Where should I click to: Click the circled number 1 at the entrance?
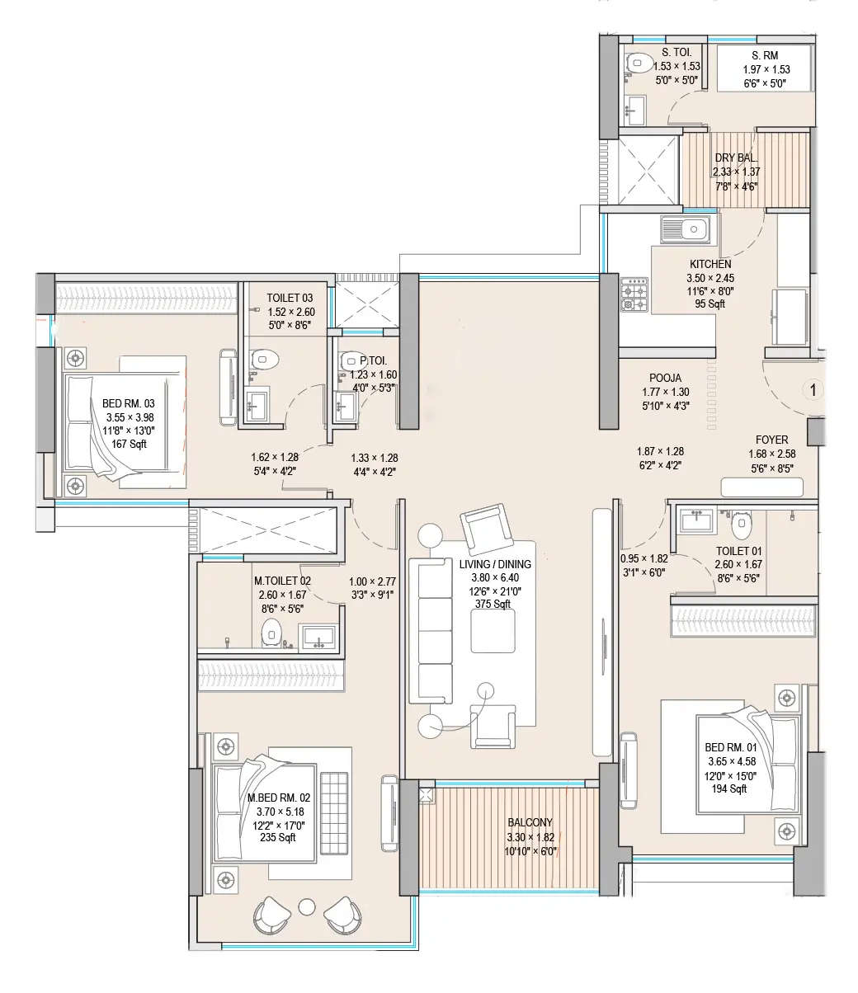pos(813,389)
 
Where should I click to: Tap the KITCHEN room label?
pos(709,264)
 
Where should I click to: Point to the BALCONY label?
pos(530,822)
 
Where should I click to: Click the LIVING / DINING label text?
pos(495,564)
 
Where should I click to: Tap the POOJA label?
pos(664,379)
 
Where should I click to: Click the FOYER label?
pos(771,440)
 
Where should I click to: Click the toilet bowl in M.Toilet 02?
pos(271,633)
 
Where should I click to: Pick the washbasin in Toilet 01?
pos(695,521)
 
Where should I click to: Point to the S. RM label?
pos(764,55)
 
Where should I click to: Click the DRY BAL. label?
pos(736,158)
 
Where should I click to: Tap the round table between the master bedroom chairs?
pos(307,906)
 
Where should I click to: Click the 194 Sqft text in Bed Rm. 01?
pos(728,788)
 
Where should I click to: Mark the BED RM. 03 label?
pos(128,403)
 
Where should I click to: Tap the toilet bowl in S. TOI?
pos(636,65)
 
